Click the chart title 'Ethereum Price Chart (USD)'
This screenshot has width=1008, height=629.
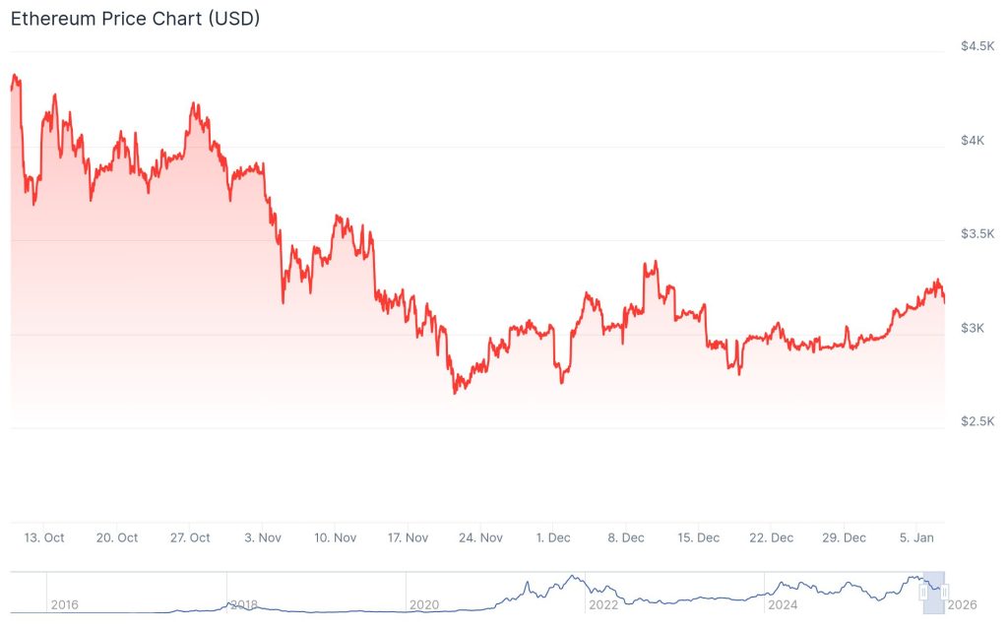pyautogui.click(x=135, y=19)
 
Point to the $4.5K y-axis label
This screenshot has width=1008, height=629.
pyautogui.click(x=977, y=46)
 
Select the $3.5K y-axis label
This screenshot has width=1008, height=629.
pyautogui.click(x=977, y=234)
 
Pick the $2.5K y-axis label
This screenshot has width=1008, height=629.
pyautogui.click(x=977, y=421)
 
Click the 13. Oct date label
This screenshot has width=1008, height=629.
pyautogui.click(x=44, y=537)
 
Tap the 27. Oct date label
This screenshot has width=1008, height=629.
pyautogui.click(x=190, y=537)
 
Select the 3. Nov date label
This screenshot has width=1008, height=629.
pyautogui.click(x=263, y=537)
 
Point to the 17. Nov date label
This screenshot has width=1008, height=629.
pyautogui.click(x=409, y=537)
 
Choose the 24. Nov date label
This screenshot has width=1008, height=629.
pyautogui.click(x=481, y=537)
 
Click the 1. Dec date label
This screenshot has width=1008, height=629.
pyautogui.click(x=553, y=537)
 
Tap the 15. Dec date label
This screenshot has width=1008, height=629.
pyautogui.click(x=698, y=537)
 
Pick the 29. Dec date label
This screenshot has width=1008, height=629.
pyautogui.click(x=844, y=537)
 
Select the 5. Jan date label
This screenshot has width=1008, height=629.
pyautogui.click(x=916, y=537)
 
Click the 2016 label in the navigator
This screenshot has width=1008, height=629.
pyautogui.click(x=65, y=604)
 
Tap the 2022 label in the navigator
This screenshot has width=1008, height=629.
pyautogui.click(x=602, y=604)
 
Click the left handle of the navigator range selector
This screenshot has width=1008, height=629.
pyautogui.click(x=923, y=592)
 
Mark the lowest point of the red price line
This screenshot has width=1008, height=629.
pyautogui.click(x=455, y=393)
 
